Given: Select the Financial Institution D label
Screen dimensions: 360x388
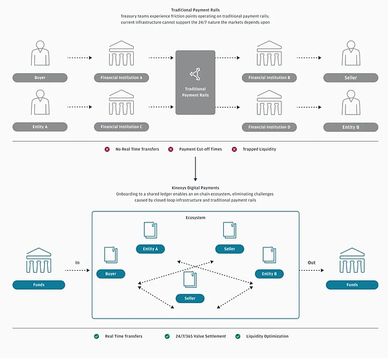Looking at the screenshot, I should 270,127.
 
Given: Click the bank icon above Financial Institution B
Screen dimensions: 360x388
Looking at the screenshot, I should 270,54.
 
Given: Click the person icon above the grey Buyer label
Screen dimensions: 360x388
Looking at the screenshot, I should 39,54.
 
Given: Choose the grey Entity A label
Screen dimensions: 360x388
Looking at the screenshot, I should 39,127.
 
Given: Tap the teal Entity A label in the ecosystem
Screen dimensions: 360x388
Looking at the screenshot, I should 151,249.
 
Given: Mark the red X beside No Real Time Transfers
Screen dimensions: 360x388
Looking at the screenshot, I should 107,149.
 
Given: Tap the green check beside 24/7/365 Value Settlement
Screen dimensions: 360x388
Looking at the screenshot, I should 167,336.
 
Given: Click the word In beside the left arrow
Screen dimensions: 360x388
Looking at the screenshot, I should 77,262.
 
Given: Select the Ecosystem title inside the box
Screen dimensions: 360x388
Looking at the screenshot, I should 195,218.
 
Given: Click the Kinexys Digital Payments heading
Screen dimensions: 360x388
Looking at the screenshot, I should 195,187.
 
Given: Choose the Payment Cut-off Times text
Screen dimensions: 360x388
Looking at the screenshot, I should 200,149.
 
